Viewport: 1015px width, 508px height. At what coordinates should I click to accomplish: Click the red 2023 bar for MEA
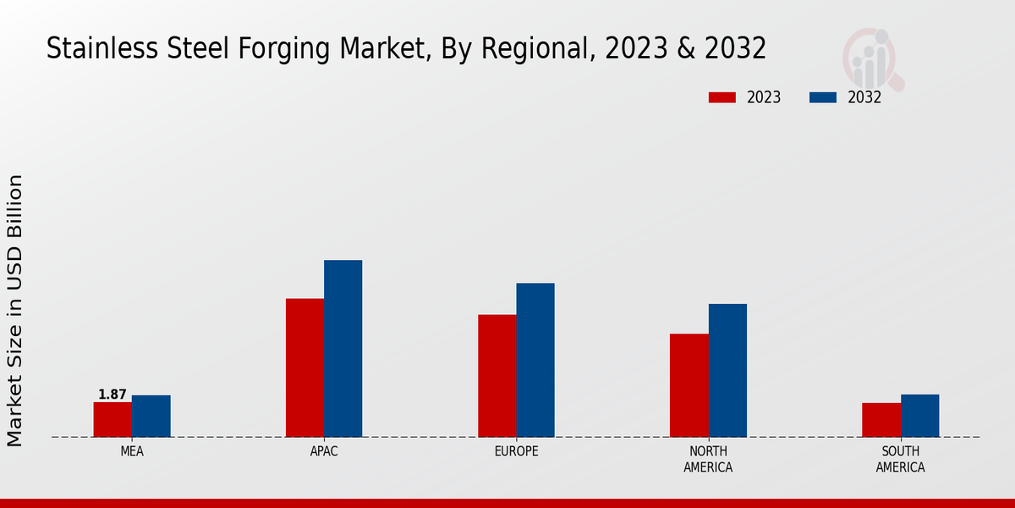[x=112, y=419]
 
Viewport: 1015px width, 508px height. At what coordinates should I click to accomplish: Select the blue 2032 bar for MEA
[x=151, y=416]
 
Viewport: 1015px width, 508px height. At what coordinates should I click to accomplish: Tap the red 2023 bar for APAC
[x=304, y=367]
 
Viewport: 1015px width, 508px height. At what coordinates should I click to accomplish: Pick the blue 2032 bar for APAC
[x=343, y=348]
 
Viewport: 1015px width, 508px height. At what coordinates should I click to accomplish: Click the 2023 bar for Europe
[x=497, y=376]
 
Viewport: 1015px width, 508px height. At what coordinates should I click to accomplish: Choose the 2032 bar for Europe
[x=535, y=360]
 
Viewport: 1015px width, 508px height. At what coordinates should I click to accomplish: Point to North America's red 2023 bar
[x=689, y=385]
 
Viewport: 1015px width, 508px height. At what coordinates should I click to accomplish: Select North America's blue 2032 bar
[x=727, y=370]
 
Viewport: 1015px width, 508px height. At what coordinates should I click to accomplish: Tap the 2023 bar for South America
[x=881, y=420]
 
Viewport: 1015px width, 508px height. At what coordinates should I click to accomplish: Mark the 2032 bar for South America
[x=919, y=416]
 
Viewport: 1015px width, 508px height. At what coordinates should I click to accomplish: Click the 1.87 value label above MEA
[x=112, y=395]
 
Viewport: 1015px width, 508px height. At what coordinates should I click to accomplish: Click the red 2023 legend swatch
[x=721, y=97]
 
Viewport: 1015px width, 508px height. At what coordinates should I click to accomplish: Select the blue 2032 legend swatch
[x=822, y=97]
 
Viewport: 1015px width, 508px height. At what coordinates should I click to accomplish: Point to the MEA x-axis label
[x=132, y=451]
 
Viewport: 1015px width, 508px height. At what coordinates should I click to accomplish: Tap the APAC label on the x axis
[x=324, y=451]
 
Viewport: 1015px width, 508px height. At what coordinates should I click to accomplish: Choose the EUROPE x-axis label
[x=516, y=451]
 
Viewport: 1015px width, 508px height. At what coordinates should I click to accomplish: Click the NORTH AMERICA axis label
[x=708, y=459]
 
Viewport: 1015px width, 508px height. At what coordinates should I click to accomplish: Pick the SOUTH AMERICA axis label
[x=900, y=459]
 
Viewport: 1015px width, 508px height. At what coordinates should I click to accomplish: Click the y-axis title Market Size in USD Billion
[x=15, y=310]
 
